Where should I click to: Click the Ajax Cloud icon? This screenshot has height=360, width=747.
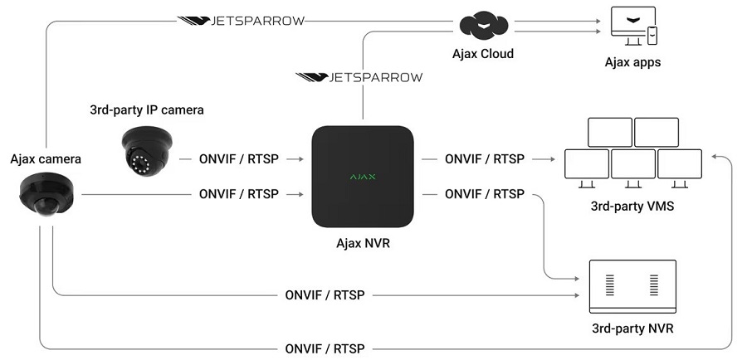pyautogui.click(x=485, y=27)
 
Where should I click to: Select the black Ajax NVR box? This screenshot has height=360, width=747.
pyautogui.click(x=363, y=177)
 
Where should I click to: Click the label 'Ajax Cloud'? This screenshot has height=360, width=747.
pyautogui.click(x=485, y=54)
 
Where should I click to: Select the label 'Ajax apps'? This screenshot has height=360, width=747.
pyautogui.click(x=632, y=62)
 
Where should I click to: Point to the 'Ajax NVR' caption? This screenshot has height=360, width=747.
pyautogui.click(x=363, y=243)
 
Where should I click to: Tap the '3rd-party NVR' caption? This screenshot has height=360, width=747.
pyautogui.click(x=632, y=328)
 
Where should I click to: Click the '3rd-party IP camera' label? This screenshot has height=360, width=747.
pyautogui.click(x=146, y=109)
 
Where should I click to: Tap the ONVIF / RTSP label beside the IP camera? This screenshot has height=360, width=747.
pyautogui.click(x=239, y=158)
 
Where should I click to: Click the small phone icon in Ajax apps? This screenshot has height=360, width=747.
pyautogui.click(x=652, y=36)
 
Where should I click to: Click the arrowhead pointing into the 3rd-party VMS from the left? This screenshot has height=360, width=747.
pyautogui.click(x=551, y=158)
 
